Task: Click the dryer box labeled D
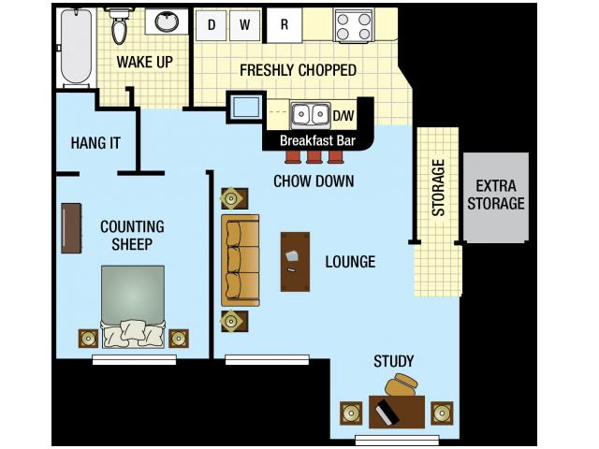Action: pos(212,25)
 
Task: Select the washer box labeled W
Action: pos(245,25)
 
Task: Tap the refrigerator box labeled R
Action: pos(285,25)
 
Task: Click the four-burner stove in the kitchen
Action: pos(354,25)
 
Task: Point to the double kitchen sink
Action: pos(310,115)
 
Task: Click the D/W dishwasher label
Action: pos(343,116)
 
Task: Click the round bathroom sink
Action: pos(166,22)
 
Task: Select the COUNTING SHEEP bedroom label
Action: pos(132,235)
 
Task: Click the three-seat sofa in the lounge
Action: pos(240,260)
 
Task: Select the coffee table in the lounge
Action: pos(295,261)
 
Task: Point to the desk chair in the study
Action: pos(406,384)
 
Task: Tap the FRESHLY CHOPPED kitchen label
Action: pos(298,70)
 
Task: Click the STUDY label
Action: pos(393,361)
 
